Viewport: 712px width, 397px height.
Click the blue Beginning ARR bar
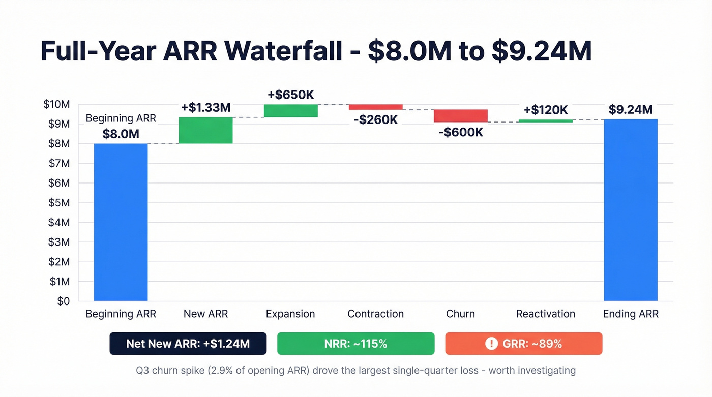(x=121, y=222)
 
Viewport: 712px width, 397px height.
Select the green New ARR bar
(x=205, y=131)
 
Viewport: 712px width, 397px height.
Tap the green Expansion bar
(x=290, y=111)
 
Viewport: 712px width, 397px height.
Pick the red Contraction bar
(x=375, y=107)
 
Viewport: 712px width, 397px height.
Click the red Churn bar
(x=460, y=116)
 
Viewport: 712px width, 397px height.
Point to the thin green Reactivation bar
(x=545, y=121)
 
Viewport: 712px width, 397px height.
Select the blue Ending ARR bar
(x=631, y=210)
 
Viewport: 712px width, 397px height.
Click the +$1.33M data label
(x=205, y=108)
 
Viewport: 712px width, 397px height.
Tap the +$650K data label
(x=290, y=95)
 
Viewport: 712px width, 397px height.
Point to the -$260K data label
(x=375, y=120)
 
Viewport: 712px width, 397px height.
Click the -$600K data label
(x=460, y=133)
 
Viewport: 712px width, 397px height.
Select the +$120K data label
(x=545, y=110)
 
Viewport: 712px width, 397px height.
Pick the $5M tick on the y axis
(x=58, y=203)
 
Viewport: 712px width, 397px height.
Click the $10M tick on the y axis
(x=56, y=105)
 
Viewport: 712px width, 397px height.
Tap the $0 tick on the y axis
(x=63, y=301)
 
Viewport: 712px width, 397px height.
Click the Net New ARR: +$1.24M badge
(x=188, y=344)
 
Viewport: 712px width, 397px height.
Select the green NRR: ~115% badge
(x=355, y=344)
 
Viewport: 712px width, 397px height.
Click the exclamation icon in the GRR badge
(x=491, y=344)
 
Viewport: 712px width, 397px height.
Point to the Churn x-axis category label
(x=460, y=314)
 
